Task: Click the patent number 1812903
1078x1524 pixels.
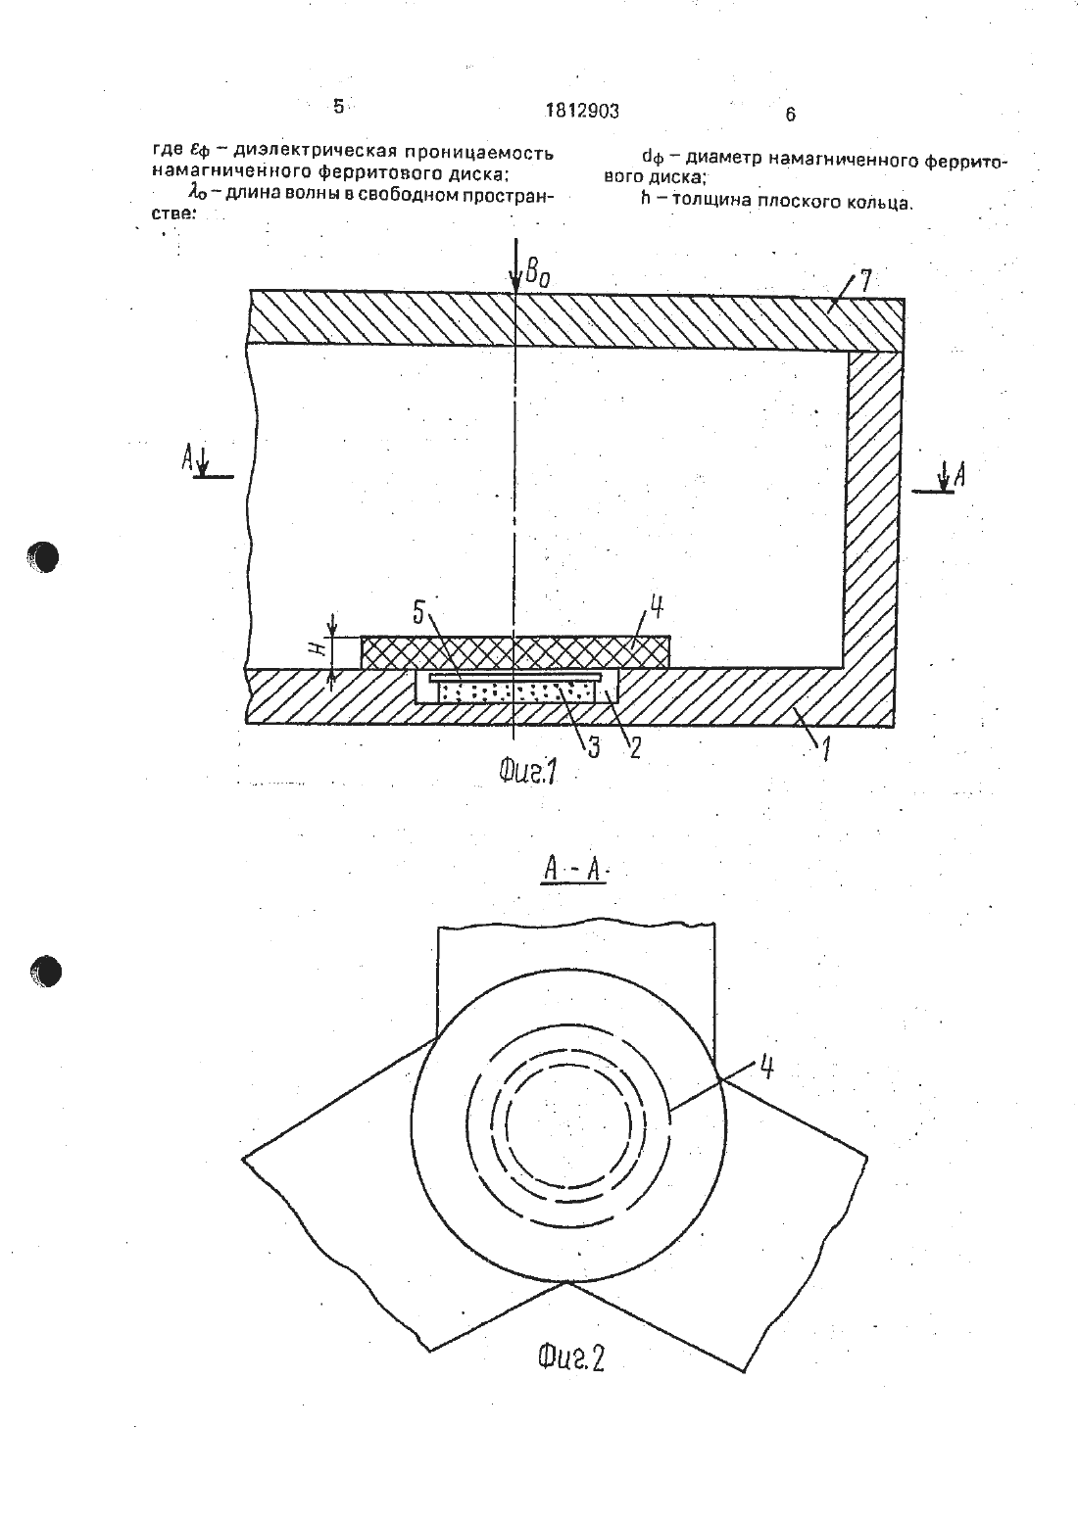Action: coord(582,112)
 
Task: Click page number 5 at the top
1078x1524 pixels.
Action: coord(339,107)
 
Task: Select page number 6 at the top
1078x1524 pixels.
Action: coord(790,115)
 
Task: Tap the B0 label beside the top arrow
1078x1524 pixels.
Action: coord(537,273)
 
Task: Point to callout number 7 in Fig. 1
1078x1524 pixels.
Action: coord(865,281)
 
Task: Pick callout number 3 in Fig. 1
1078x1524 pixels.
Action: coord(593,747)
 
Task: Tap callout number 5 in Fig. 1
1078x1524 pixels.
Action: coord(417,613)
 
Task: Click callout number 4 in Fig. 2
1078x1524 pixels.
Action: coord(766,1069)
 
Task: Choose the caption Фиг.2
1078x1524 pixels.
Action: coord(570,1360)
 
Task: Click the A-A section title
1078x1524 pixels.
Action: coord(573,871)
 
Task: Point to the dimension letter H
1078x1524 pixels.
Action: coord(318,651)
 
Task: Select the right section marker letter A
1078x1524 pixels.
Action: coord(958,475)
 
